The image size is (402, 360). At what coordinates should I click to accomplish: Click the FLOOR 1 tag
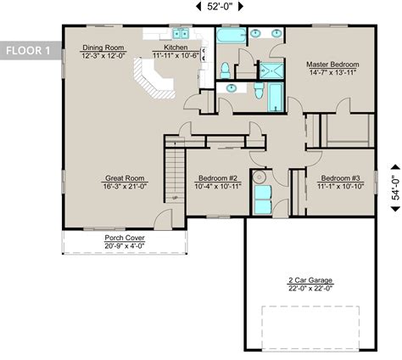pyautogui.click(x=28, y=49)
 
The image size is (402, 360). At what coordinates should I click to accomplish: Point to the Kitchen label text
pyautogui.click(x=176, y=48)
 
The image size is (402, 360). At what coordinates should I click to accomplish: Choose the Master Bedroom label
pyautogui.click(x=332, y=65)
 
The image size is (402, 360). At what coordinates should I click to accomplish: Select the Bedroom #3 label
pyautogui.click(x=339, y=178)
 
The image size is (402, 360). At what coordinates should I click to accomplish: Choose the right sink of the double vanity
pyautogui.click(x=276, y=33)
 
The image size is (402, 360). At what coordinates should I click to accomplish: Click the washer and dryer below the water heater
pyautogui.click(x=261, y=200)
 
